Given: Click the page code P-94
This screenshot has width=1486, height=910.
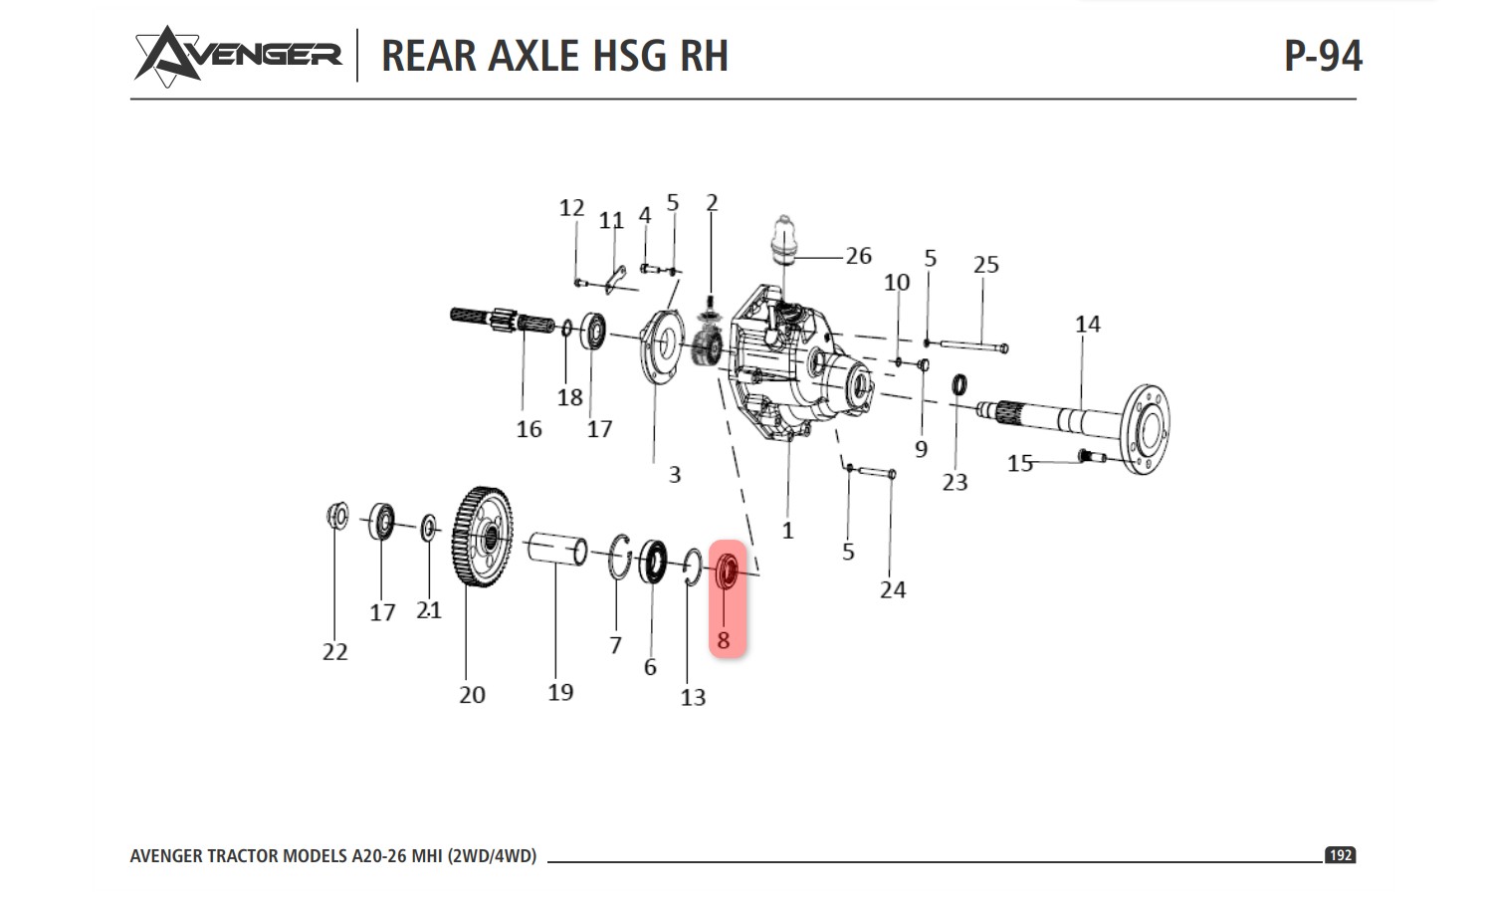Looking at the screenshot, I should click(x=1322, y=56).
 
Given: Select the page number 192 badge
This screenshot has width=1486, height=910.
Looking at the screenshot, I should click(x=1340, y=855).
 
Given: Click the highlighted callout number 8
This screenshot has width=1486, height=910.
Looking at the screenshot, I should click(x=724, y=640).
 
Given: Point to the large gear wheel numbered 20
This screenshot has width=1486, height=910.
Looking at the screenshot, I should click(x=484, y=538).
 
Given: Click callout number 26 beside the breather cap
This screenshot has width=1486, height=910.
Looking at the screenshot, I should click(x=858, y=256).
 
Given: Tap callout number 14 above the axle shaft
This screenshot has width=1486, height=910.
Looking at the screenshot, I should click(x=1087, y=325).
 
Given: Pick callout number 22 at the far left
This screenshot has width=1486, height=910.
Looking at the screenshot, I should click(x=334, y=652).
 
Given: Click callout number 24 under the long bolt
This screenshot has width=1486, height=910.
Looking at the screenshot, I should click(x=892, y=590).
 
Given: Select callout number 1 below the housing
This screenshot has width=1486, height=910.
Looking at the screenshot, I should click(x=787, y=531).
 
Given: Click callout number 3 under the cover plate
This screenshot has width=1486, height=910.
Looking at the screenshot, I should click(x=674, y=475).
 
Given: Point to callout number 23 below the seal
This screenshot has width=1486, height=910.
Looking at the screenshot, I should click(x=955, y=483).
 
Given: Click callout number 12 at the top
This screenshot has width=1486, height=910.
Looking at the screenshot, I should click(x=570, y=208).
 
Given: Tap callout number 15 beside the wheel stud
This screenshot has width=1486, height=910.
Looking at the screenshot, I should click(x=1019, y=463).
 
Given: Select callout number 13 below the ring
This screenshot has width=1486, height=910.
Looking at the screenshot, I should click(x=693, y=698).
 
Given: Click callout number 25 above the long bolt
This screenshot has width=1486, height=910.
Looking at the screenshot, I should click(x=985, y=265).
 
